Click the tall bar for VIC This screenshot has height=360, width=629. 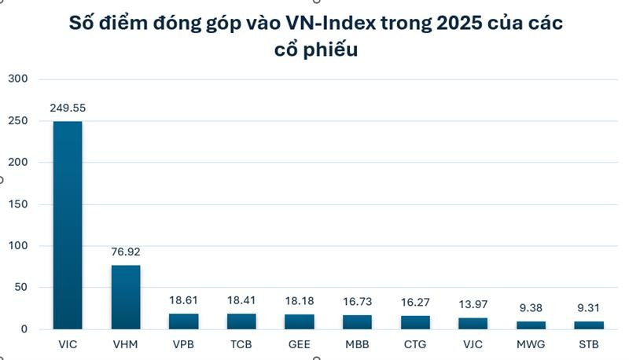[68, 225]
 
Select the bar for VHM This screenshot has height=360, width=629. [126, 297]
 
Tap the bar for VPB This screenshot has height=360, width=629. [183, 321]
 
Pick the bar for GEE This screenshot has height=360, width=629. [299, 321]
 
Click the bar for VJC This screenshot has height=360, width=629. [473, 323]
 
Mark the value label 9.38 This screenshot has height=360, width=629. [531, 309]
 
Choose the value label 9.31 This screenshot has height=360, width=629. [589, 309]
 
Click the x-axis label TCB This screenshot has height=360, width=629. [241, 344]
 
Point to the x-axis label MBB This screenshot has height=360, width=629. [357, 344]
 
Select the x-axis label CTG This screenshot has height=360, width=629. [414, 344]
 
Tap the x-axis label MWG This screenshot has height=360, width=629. [531, 344]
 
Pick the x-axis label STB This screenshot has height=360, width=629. [589, 344]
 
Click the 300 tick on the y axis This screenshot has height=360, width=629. [17, 79]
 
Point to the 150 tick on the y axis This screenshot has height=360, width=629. [17, 204]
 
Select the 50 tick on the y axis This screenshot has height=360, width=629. [22, 288]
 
